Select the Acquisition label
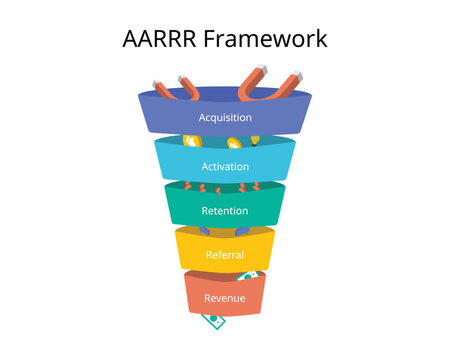point(224,117)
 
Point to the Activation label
point(224,166)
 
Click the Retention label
point(224,211)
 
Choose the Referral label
point(224,255)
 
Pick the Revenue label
point(224,298)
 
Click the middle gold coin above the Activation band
point(235,144)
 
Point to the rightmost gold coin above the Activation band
point(255,140)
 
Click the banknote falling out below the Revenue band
point(212,321)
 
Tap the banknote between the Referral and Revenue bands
point(247,275)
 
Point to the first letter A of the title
point(131,39)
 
